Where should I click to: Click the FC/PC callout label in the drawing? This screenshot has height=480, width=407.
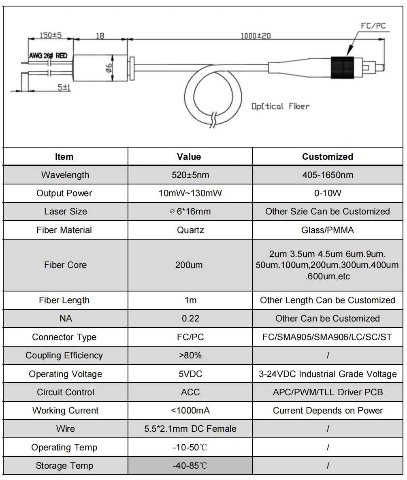[x=373, y=26]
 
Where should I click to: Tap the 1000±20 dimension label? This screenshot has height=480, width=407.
[x=256, y=36]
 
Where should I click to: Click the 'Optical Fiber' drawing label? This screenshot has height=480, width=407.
[x=280, y=107]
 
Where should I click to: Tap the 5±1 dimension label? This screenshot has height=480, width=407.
[x=62, y=87]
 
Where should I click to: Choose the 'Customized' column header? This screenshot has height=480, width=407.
[x=328, y=156]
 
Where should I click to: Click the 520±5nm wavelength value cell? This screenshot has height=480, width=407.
[x=190, y=175]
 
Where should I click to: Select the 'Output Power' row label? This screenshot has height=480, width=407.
[x=64, y=193]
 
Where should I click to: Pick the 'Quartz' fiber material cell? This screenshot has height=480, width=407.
[x=190, y=230]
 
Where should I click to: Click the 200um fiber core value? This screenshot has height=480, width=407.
[x=190, y=265]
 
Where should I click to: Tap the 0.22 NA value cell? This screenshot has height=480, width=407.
[x=190, y=319]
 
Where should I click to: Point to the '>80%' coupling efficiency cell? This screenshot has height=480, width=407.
[x=190, y=356]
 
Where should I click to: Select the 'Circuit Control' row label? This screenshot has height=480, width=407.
[x=65, y=392]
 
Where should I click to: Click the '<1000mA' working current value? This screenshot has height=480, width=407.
[x=190, y=410]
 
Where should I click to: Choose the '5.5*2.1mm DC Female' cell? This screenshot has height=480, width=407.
[x=190, y=429]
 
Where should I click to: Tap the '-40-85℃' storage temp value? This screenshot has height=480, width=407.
[x=190, y=465]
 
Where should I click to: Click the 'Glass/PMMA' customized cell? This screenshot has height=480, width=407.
[x=328, y=230]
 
